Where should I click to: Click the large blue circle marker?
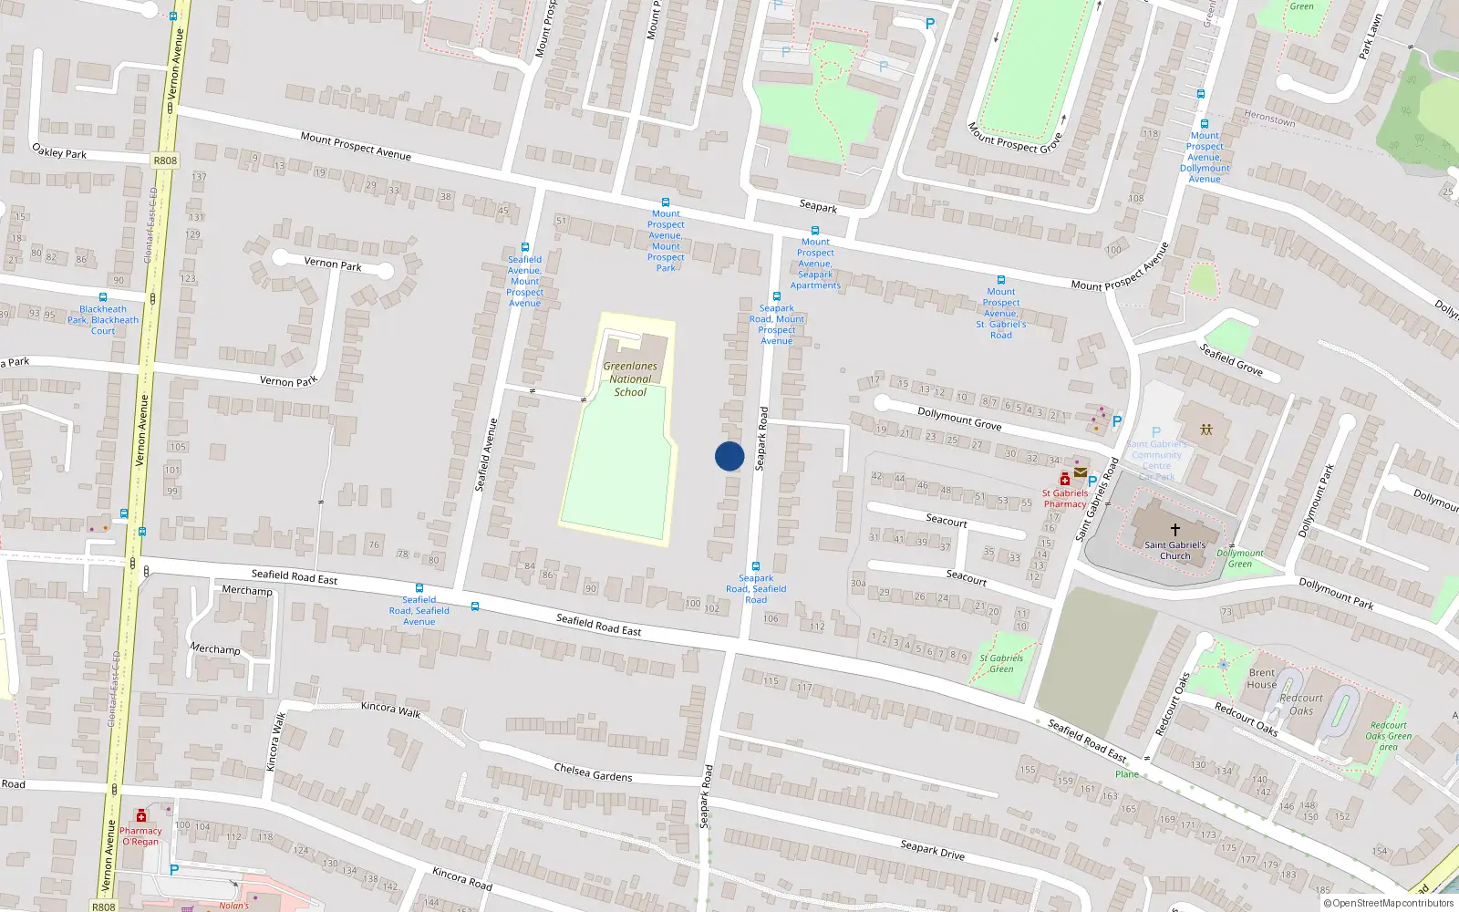pyautogui.click(x=729, y=456)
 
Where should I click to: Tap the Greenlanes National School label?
pyautogui.click(x=630, y=378)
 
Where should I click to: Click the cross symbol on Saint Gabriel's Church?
pyautogui.click(x=1175, y=529)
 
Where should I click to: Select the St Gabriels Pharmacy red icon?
pyautogui.click(x=1064, y=479)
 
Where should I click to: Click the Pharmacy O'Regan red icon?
pyautogui.click(x=141, y=816)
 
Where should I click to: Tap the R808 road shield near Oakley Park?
pyautogui.click(x=165, y=161)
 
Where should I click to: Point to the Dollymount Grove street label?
pyautogui.click(x=959, y=419)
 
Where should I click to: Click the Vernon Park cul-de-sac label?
pyautogui.click(x=333, y=264)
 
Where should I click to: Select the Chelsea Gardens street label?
pyautogui.click(x=593, y=772)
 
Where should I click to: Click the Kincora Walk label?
pyautogui.click(x=390, y=709)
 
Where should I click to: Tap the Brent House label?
pyautogui.click(x=1262, y=679)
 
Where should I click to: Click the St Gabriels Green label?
pyautogui.click(x=1001, y=663)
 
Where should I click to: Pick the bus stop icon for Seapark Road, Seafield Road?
pyautogui.click(x=755, y=566)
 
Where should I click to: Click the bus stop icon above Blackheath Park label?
pyautogui.click(x=102, y=297)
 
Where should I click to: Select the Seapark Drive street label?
pyautogui.click(x=932, y=850)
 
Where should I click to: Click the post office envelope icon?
pyautogui.click(x=1081, y=472)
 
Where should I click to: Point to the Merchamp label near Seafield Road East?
pyautogui.click(x=247, y=591)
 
